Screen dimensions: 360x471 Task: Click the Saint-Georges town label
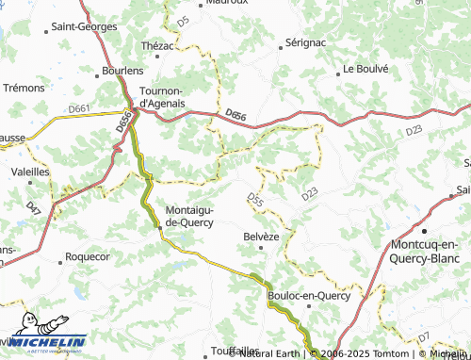(84, 26)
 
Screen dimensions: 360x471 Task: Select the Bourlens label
(123, 71)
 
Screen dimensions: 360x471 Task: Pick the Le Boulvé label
(365, 69)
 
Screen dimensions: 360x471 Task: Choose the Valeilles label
(30, 172)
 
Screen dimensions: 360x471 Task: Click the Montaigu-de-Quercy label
(189, 216)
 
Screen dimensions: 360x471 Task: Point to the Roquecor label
(88, 256)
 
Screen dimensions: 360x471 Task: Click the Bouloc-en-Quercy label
(309, 296)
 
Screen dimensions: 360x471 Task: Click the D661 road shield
(79, 109)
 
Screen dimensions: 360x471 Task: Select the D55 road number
(254, 199)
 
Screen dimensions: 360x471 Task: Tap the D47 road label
(33, 206)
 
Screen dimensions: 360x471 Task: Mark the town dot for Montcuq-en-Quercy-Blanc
(425, 230)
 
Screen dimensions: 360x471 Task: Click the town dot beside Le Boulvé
(338, 70)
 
